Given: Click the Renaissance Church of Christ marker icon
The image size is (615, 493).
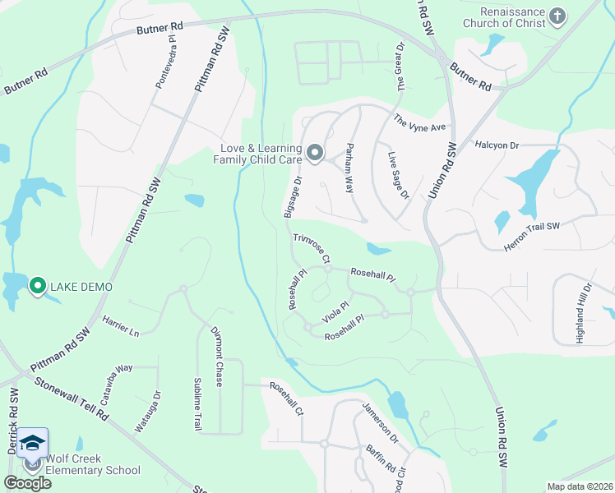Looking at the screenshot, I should tap(558, 16).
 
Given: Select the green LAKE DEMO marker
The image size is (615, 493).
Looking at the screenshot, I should tap(37, 286).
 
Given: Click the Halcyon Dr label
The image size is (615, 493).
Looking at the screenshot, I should tap(497, 145).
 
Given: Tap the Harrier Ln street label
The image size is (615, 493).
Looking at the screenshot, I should tap(121, 328).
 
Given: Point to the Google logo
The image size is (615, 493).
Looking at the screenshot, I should tap(28, 483).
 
